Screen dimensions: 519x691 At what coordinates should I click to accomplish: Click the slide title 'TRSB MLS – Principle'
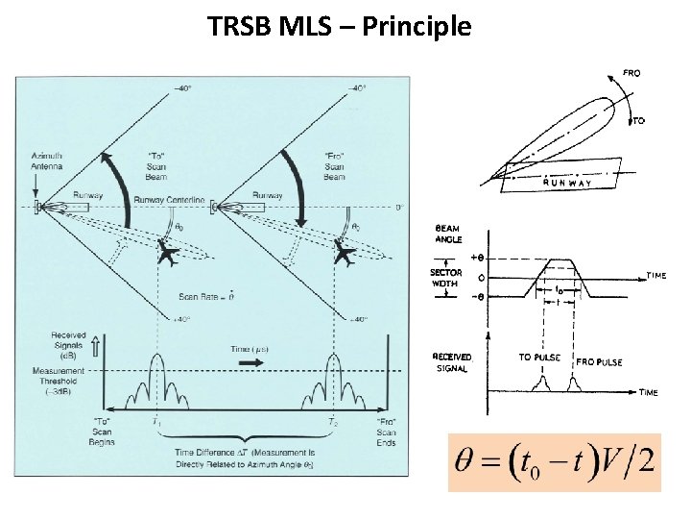pyautogui.click(x=340, y=26)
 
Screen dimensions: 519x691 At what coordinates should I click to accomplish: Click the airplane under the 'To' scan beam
pyautogui.click(x=167, y=255)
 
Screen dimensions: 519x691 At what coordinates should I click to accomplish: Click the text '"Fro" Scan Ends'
pyautogui.click(x=386, y=432)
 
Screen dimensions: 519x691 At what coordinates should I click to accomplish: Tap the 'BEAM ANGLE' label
pyautogui.click(x=448, y=234)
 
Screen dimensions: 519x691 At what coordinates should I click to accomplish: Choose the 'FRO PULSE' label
pyautogui.click(x=600, y=362)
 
